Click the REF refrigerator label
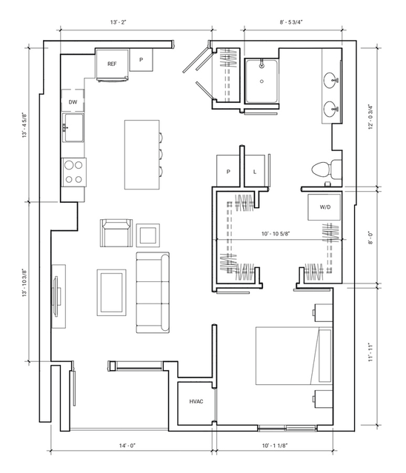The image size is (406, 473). point(112,64)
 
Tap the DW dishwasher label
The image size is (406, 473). point(73,102)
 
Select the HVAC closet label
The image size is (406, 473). point(196,401)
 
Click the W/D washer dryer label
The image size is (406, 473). point(325,207)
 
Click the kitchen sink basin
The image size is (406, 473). point(73,127)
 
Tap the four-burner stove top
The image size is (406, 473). point(74,172)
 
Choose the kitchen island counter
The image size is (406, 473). point(142,155)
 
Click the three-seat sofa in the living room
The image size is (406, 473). point(153,292)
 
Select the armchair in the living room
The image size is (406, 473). point(116,232)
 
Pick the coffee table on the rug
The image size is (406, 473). point(111,292)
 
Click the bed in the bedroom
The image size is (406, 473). point(294,355)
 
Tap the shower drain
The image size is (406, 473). point(262,81)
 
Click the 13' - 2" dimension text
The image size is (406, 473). point(118,22)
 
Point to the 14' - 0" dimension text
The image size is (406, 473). point(127,446)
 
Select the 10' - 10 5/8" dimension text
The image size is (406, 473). point(276,233)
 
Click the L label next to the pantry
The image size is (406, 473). point(255,172)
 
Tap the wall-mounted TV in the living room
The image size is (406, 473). point(56,296)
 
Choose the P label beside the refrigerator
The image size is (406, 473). point(141,60)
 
